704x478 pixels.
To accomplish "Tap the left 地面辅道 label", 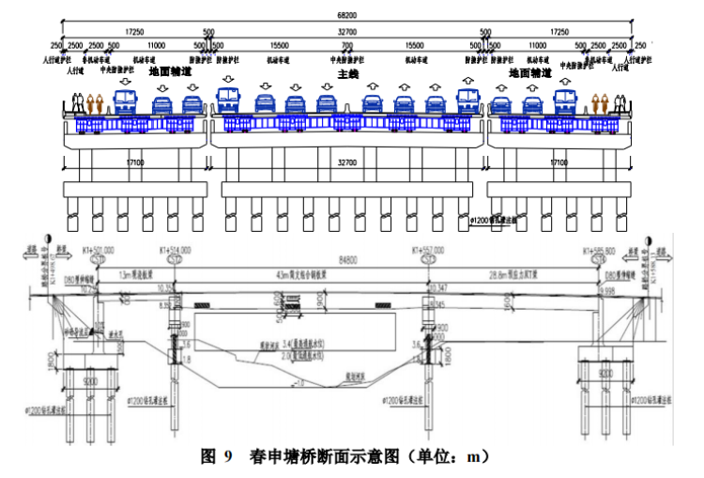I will [x=169, y=71].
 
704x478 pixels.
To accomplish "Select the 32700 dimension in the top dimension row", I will [x=348, y=31].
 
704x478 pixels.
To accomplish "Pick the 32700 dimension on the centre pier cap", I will [x=348, y=162].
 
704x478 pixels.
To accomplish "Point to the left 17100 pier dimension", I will [x=136, y=162].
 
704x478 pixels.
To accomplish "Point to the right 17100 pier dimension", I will [x=559, y=162].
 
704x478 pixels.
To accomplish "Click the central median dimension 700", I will [x=347, y=45].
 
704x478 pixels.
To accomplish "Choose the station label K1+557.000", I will [x=431, y=250].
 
